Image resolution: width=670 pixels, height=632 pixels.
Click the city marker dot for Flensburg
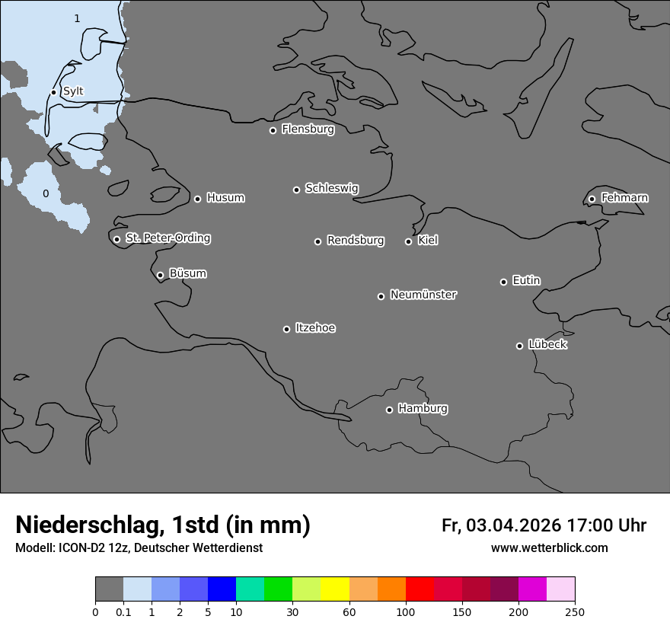click(x=273, y=130)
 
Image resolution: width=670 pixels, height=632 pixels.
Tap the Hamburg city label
click(x=423, y=409)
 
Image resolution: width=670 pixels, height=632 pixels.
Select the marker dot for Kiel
click(x=408, y=241)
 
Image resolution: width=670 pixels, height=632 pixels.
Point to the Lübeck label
click(x=547, y=345)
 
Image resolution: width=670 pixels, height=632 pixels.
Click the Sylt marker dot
click(x=53, y=93)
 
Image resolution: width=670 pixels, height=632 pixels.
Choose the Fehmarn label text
click(x=624, y=198)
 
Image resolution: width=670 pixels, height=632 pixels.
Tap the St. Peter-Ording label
click(x=167, y=238)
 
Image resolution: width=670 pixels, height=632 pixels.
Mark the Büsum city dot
click(x=160, y=276)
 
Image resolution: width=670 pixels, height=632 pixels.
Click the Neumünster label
click(x=423, y=295)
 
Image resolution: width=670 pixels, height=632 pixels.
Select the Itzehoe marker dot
click(x=286, y=329)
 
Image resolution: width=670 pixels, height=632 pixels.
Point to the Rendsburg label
click(x=356, y=241)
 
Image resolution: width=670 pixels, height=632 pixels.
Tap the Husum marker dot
click(x=197, y=199)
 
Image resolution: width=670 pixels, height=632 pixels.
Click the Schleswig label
click(x=331, y=188)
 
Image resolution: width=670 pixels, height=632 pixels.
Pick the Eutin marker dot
click(x=503, y=282)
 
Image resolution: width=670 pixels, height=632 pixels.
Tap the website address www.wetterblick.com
click(x=549, y=548)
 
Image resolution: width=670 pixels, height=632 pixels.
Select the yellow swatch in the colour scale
click(x=335, y=589)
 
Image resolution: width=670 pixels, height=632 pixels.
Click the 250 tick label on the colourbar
click(x=575, y=611)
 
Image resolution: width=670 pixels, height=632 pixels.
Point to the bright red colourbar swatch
click(x=420, y=589)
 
